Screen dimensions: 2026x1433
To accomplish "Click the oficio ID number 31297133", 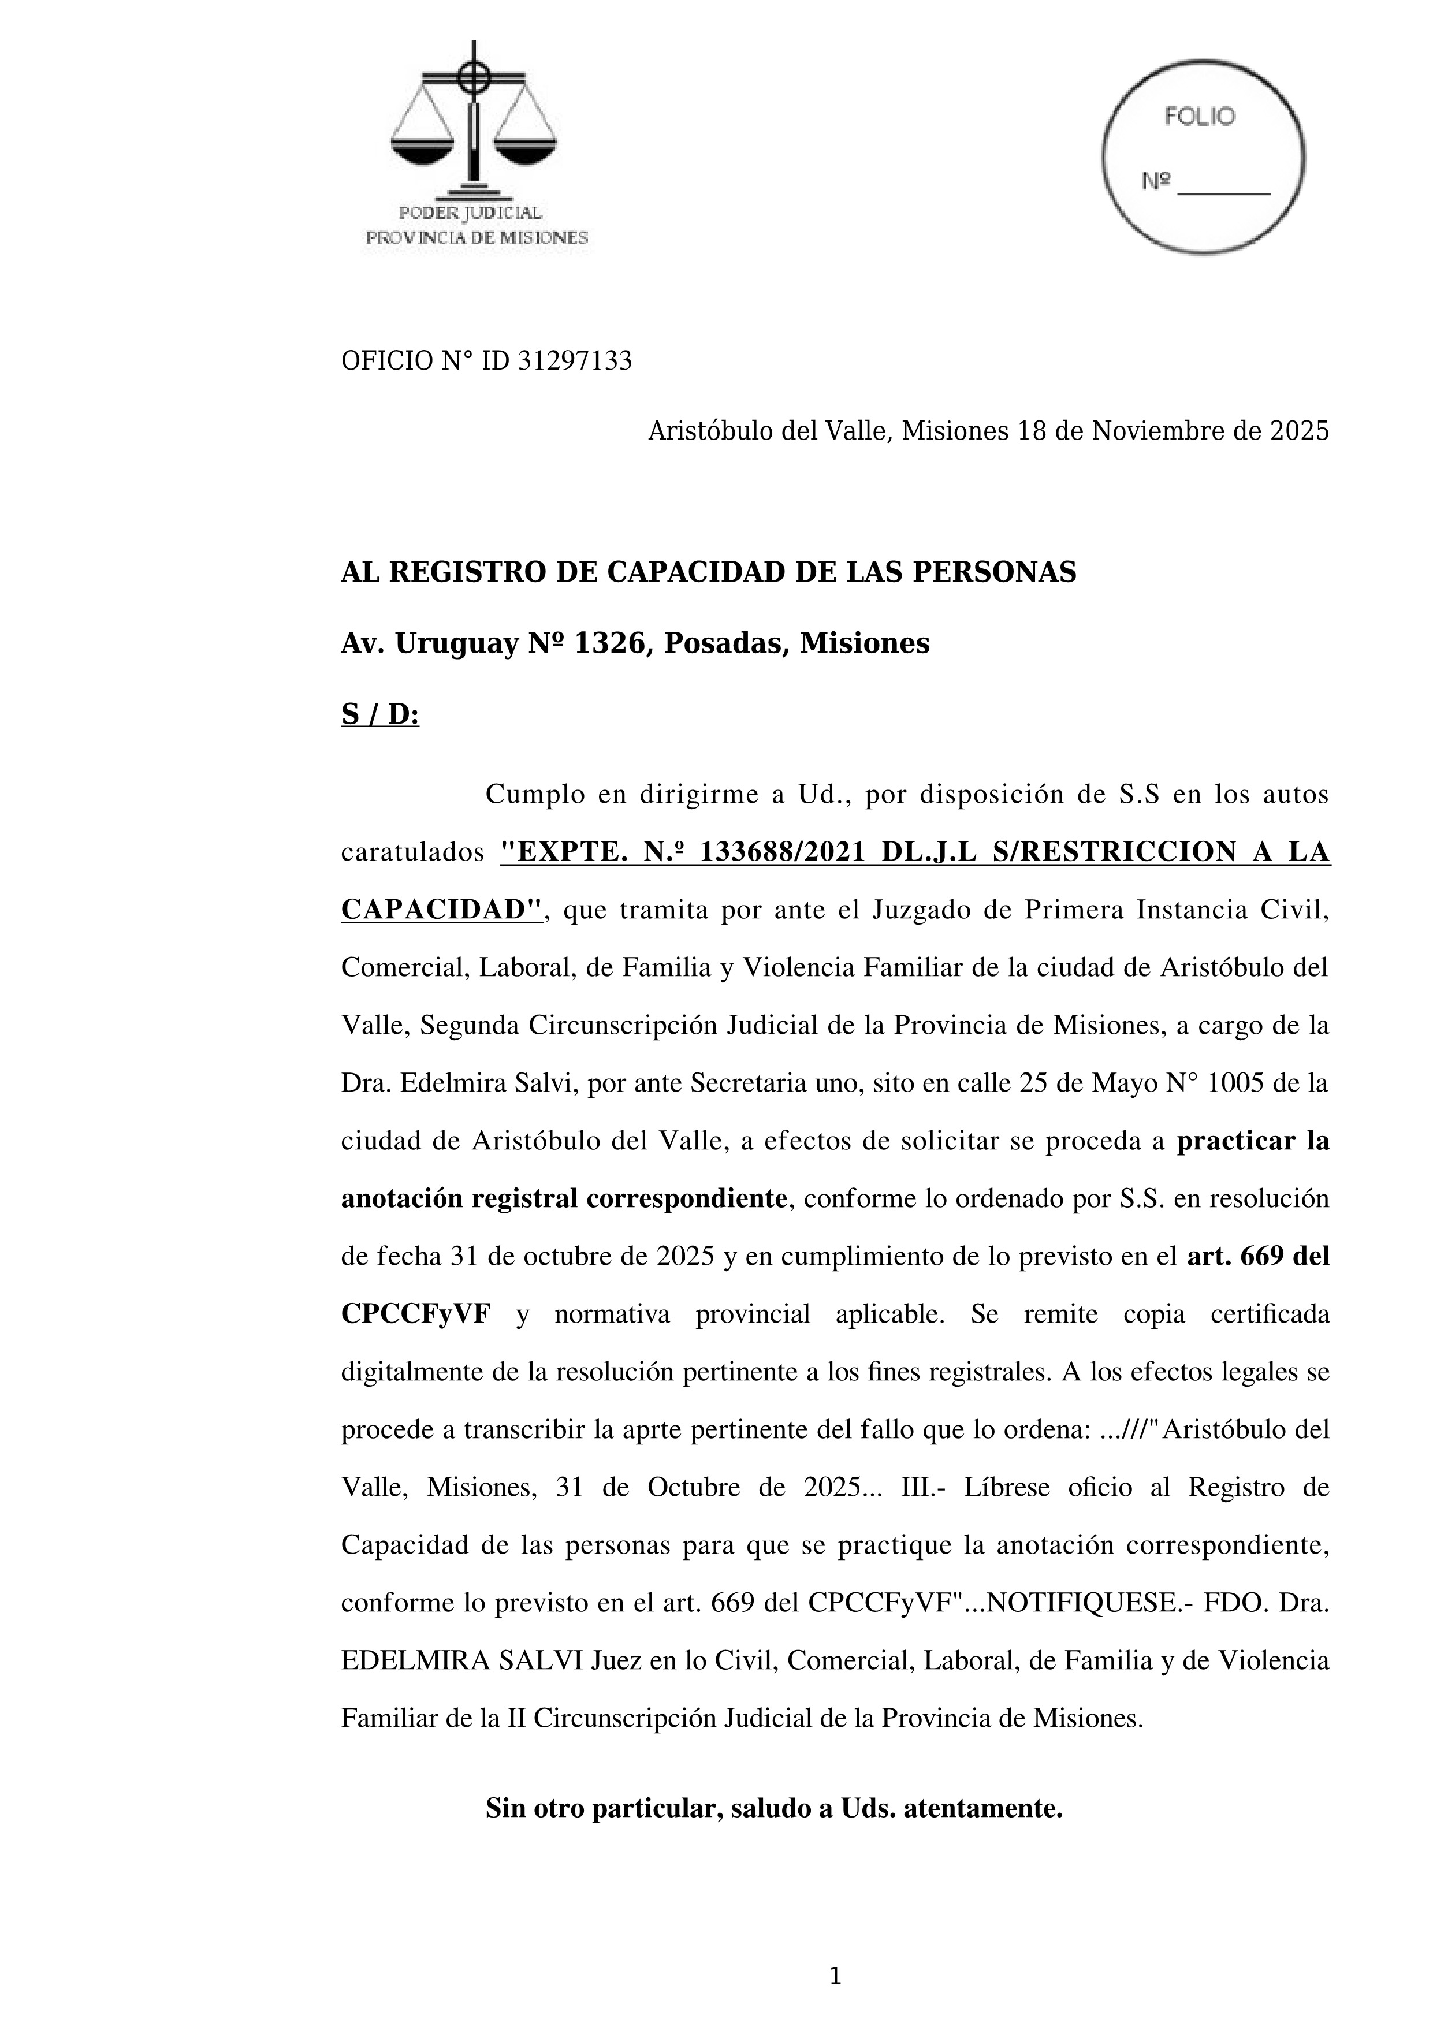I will (575, 361).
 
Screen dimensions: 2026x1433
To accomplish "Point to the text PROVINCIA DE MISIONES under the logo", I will (477, 237).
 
